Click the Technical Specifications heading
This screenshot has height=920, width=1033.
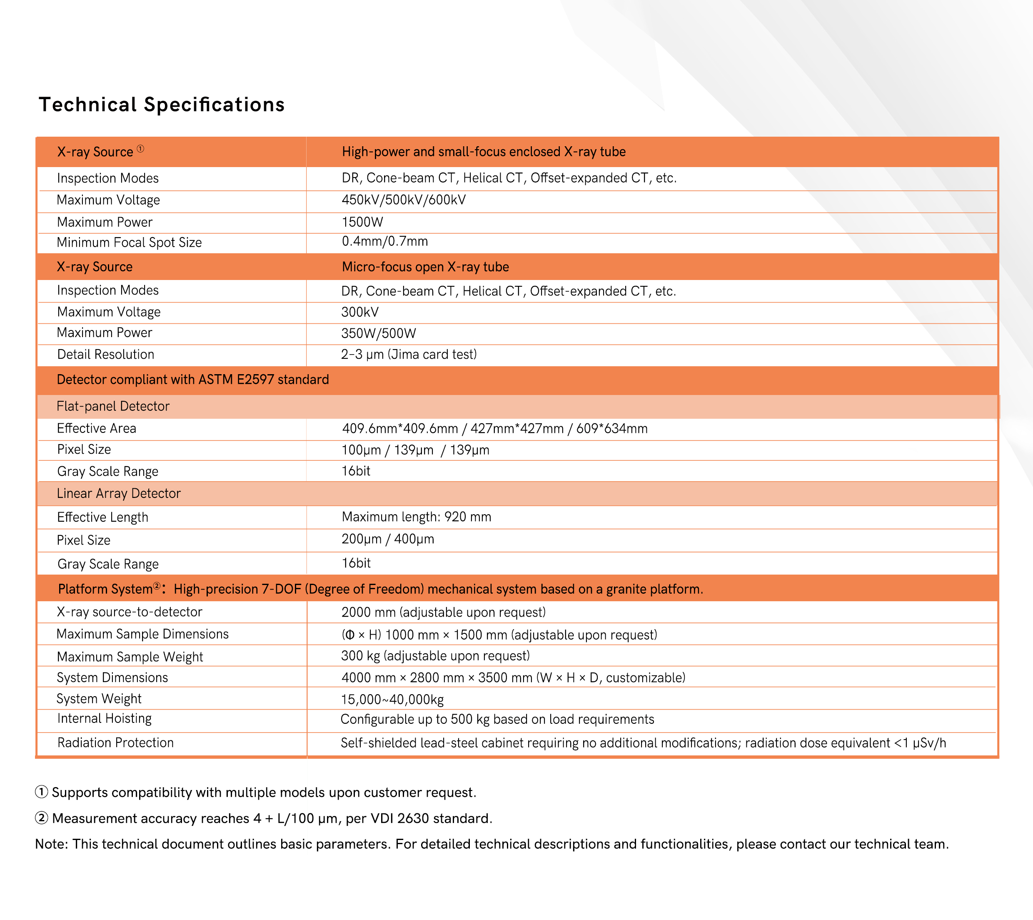[x=162, y=105]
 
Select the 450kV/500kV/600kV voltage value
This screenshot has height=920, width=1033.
[x=403, y=200]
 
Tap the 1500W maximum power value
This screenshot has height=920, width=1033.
[x=362, y=222]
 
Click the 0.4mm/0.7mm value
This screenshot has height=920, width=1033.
[x=384, y=242]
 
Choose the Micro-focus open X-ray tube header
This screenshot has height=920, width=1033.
[x=425, y=267]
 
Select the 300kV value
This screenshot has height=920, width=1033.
[x=359, y=312]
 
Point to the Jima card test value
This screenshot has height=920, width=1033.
[x=408, y=354]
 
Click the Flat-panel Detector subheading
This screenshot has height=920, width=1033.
[x=113, y=406]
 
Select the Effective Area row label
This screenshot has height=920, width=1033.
[x=96, y=429]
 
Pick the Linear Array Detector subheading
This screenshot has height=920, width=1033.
[x=118, y=493]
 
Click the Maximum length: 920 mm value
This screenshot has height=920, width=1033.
[x=416, y=517]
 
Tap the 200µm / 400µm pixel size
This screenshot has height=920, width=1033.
[x=388, y=539]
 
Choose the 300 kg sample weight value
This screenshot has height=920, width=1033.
[x=435, y=656]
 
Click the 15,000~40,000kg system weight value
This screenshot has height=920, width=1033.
[x=392, y=700]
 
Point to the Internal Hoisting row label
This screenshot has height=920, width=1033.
[x=104, y=718]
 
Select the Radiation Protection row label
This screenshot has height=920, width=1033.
[x=115, y=742]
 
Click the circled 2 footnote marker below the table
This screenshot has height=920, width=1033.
[x=41, y=818]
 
